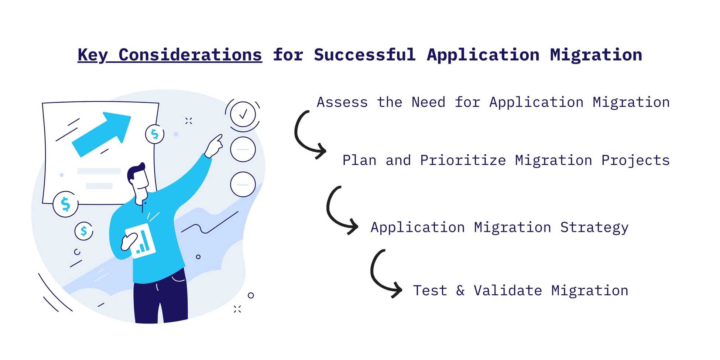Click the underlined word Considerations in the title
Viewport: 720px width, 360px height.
190,55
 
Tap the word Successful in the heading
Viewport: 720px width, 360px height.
365,55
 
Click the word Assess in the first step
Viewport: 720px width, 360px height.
342,103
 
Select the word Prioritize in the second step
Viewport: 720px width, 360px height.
463,161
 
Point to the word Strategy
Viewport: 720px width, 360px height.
594,228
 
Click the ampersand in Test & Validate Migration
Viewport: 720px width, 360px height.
460,291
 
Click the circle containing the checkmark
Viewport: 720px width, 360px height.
243,114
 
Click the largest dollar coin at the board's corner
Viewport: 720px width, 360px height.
65,204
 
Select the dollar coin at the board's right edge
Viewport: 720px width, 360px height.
155,134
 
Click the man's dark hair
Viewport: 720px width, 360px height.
135,172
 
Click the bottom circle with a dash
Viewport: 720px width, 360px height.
243,185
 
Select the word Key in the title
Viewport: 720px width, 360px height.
92,55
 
